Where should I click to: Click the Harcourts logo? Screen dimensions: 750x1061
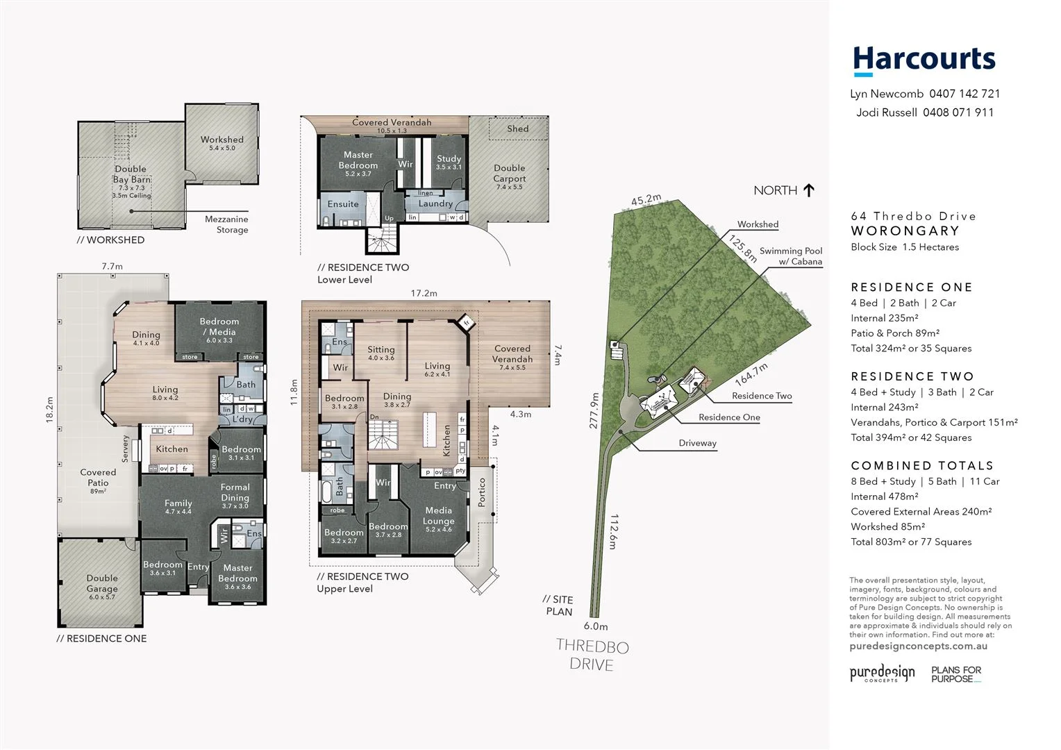[x=924, y=60]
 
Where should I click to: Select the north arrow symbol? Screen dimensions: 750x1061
[x=808, y=190]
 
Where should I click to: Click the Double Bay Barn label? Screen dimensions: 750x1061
[x=131, y=174]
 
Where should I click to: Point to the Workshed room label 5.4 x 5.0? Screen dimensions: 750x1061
[x=222, y=143]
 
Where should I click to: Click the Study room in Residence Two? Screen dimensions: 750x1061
[x=449, y=162]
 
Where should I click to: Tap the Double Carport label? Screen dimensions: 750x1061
[x=510, y=174]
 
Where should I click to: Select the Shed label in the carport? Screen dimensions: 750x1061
[x=517, y=128]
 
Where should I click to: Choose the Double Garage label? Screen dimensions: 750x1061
[x=102, y=583]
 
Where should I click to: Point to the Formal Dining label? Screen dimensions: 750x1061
[x=235, y=492]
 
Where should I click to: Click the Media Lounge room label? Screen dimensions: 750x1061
[x=438, y=516]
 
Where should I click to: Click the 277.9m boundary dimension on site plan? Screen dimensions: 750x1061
[x=594, y=410]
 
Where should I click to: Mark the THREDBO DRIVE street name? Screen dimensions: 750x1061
[x=592, y=656]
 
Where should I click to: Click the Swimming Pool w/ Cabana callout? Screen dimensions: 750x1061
[x=791, y=256]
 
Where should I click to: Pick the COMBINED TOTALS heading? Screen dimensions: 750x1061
[x=921, y=466]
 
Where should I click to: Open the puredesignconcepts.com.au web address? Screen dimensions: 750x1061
[x=918, y=646]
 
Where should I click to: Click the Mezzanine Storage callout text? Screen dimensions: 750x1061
[x=226, y=224]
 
